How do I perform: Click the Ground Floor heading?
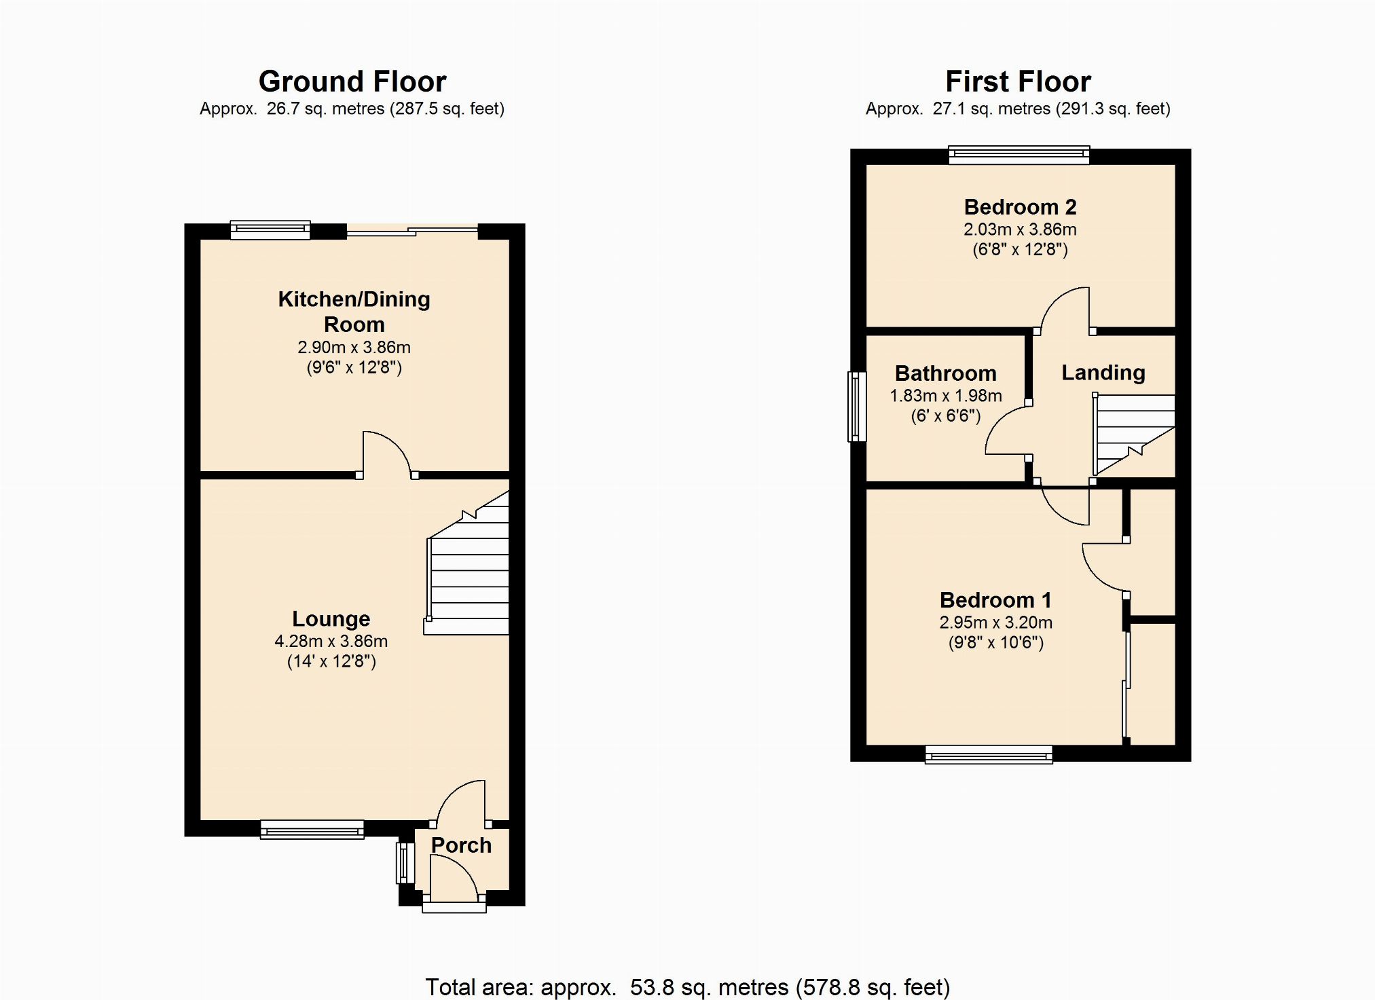pos(352,81)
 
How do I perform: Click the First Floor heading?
pos(1018,81)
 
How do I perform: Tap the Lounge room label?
pos(331,619)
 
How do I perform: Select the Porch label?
pos(461,845)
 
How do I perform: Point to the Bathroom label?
pos(946,373)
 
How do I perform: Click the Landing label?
pos(1103,373)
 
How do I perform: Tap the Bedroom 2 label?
pos(1021,207)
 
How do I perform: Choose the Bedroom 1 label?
pos(996,600)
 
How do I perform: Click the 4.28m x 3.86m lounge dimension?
pos(331,642)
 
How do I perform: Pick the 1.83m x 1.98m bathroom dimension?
pos(946,396)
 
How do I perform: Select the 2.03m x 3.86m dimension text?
pos(1021,229)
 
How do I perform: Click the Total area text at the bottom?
pos(688,987)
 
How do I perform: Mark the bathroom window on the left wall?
pos(858,407)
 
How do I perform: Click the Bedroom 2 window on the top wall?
pos(1019,155)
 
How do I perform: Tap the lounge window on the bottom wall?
pos(312,830)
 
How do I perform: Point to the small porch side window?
pos(405,864)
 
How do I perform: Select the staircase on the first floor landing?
pos(1133,435)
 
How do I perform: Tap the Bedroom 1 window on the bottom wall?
pos(989,755)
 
